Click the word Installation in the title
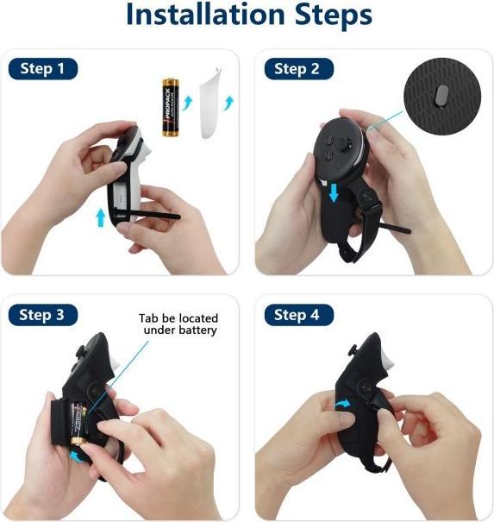(x=205, y=15)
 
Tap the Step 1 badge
(x=43, y=68)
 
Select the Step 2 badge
(x=299, y=68)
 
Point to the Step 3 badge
(x=43, y=315)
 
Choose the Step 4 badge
(x=299, y=315)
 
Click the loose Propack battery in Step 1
(x=171, y=107)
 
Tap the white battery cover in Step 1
(x=211, y=103)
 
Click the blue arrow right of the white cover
(x=229, y=103)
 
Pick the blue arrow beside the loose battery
(x=188, y=103)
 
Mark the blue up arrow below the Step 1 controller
(x=101, y=217)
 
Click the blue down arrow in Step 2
(x=334, y=192)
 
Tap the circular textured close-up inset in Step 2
(x=442, y=97)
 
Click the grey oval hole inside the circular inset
(x=442, y=95)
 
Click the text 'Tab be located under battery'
(x=178, y=324)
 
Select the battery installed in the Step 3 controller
(x=78, y=424)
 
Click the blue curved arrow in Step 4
(x=342, y=404)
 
